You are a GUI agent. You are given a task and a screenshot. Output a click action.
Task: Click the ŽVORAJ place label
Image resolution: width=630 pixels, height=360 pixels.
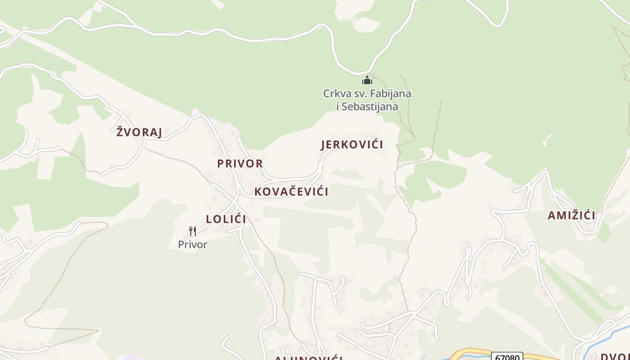pos(139,132)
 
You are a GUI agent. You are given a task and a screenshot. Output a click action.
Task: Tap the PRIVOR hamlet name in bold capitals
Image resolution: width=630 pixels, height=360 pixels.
pos(240,163)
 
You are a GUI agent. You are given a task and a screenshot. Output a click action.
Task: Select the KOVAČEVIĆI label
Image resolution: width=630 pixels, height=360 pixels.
pos(291,191)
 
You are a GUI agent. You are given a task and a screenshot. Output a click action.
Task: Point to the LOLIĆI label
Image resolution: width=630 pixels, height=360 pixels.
pos(226,219)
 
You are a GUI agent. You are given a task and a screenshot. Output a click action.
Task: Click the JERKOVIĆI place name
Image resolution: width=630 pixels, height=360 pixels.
pos(352,144)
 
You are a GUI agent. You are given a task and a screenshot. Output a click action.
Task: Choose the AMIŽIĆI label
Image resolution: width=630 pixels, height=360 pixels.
pos(571,216)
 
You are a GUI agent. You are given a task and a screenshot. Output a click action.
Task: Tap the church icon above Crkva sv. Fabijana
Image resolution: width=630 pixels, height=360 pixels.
pos(367,81)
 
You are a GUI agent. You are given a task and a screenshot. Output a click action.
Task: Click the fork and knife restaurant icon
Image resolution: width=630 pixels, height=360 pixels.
pos(193,231)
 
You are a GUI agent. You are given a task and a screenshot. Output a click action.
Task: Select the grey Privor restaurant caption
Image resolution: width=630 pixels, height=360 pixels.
pos(193,244)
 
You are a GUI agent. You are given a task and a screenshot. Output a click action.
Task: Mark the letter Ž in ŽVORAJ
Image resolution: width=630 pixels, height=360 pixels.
pos(120,131)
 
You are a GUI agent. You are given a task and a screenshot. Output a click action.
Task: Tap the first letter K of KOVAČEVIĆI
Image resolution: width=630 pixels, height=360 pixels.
pos(258,191)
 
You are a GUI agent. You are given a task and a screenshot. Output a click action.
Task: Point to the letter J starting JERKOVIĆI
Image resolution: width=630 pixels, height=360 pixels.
pos(323,145)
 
